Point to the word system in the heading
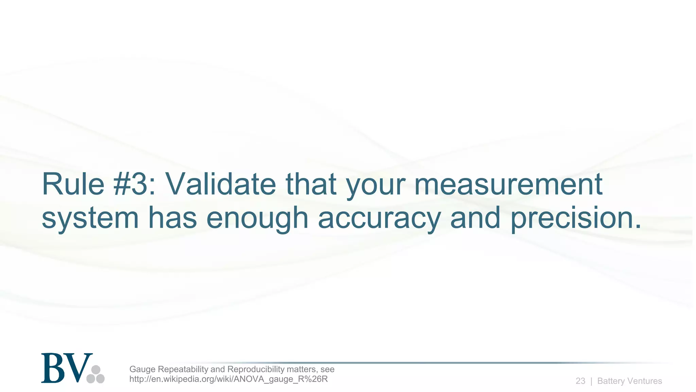tap(90, 218)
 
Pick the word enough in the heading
tap(257, 218)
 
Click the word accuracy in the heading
tap(379, 218)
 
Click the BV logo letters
tap(67, 368)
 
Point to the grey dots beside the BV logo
tap(95, 374)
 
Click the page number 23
tap(580, 381)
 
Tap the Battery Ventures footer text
tap(629, 381)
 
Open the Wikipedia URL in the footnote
tap(228, 379)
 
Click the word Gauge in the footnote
tap(142, 369)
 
